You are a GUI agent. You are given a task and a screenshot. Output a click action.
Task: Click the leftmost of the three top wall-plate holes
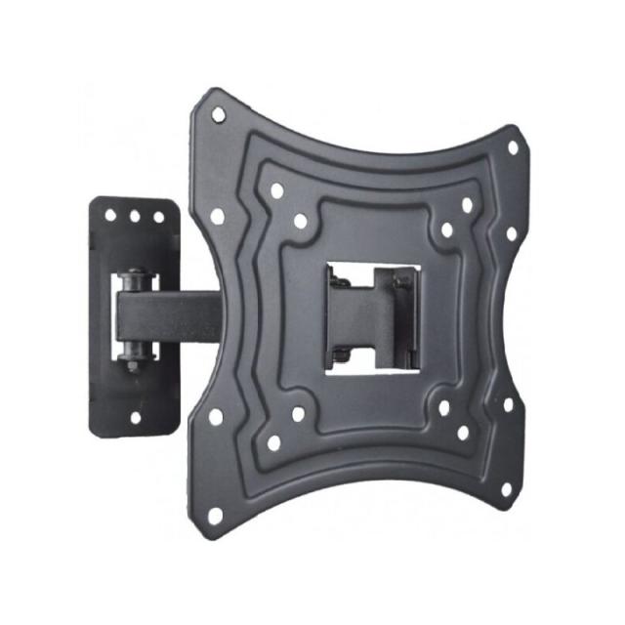(110, 215)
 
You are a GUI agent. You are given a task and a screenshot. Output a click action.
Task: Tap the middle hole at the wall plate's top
(135, 215)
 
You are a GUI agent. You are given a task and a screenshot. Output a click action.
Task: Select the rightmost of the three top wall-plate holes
(158, 216)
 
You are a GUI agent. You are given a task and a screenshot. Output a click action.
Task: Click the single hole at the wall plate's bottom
(136, 418)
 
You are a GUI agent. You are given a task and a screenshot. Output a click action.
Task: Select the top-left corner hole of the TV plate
(218, 114)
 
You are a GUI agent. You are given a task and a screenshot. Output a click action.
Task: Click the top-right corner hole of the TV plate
(512, 148)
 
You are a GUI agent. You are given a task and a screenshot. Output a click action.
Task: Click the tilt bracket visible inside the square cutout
(371, 312)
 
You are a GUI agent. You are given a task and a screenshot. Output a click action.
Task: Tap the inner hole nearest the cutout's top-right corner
(446, 230)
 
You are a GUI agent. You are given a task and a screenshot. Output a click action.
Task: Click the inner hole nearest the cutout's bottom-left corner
(298, 413)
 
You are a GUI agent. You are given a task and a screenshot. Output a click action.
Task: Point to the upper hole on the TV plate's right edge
(507, 234)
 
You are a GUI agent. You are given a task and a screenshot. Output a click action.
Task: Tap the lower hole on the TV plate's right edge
(507, 403)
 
